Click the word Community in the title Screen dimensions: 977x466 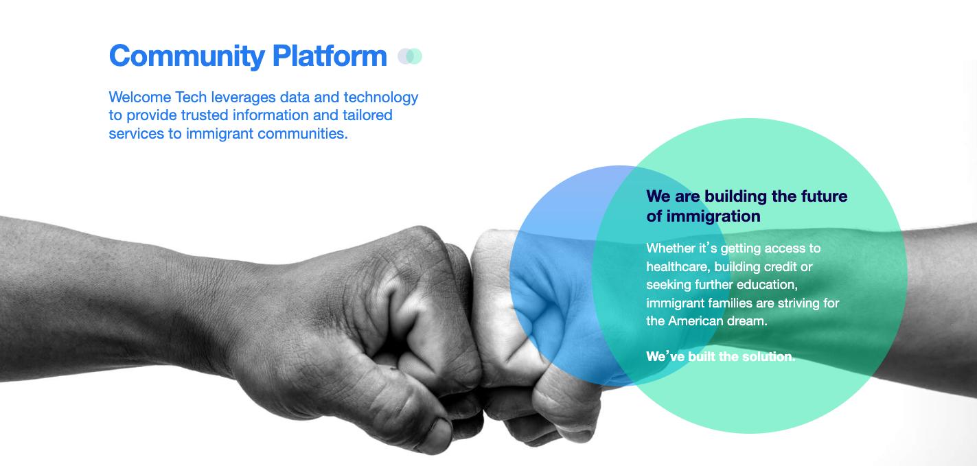(187, 57)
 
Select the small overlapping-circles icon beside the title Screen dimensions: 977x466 (410, 56)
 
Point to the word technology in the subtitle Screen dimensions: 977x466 (381, 98)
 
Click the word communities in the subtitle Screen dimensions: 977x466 (303, 133)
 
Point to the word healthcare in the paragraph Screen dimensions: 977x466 (678, 266)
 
